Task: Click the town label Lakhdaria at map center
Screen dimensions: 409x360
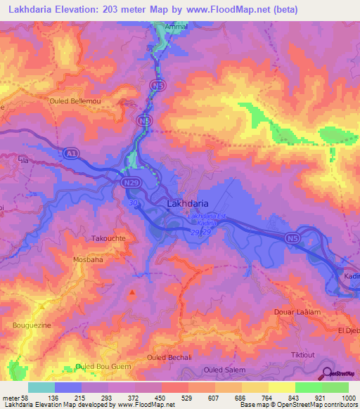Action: tap(187, 203)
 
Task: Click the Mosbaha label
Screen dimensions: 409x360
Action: tap(89, 259)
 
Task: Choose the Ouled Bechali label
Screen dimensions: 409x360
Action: tap(169, 358)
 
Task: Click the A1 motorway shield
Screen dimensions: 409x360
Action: tap(70, 152)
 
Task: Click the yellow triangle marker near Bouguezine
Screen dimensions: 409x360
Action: tap(41, 306)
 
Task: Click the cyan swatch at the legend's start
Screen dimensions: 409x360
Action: tap(41, 387)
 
